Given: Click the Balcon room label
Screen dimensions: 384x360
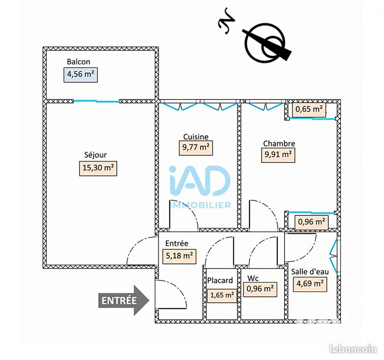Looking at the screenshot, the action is point(78,62).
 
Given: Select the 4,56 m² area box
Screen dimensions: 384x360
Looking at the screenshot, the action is point(80,75).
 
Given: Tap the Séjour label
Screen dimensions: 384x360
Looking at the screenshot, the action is point(95,155).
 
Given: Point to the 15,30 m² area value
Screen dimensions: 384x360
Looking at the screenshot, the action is point(98,168).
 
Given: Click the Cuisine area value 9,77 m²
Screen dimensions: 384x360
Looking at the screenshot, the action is point(196,148).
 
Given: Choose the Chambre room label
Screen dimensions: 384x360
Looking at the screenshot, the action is point(279,144).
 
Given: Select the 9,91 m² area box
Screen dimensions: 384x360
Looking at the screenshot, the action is point(278,155).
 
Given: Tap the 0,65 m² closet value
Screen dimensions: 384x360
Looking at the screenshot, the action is point(309,109).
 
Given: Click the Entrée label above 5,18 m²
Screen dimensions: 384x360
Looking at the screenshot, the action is point(177,243).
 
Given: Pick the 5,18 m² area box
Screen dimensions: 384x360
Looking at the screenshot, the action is point(179,256).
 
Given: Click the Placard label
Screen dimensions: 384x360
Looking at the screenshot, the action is point(220,280).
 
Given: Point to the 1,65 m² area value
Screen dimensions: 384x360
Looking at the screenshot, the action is point(222,296).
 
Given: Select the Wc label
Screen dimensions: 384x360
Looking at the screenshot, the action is point(253,279).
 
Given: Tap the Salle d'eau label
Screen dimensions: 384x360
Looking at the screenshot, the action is point(310,271).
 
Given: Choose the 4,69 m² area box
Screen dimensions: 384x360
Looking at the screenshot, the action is point(310,284).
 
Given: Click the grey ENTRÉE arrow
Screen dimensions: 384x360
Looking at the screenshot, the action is point(124,301).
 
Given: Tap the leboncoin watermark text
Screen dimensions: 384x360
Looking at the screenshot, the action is point(353,349).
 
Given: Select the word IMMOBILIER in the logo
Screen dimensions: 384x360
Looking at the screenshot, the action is point(200,205).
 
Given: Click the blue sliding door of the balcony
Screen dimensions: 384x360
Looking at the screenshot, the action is point(97,101).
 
